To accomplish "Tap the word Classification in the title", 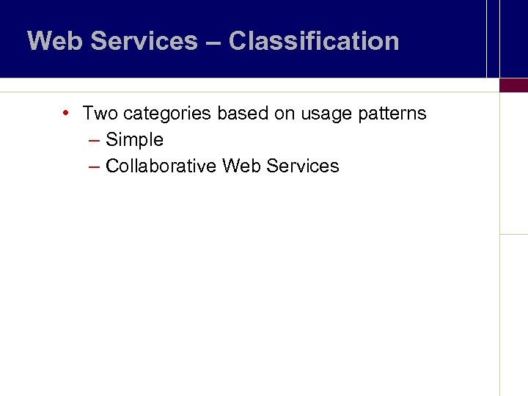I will [313, 41].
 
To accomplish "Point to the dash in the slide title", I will [213, 42].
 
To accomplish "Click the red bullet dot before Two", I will [66, 113].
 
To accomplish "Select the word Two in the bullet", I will [100, 114].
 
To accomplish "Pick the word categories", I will [167, 114].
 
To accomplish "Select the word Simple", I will [134, 140].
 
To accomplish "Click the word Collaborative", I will [161, 166].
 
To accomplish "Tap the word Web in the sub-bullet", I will [241, 166].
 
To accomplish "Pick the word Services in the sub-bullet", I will [302, 166].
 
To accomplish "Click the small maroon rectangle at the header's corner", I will [513, 85].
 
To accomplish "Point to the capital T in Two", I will [88, 114].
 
